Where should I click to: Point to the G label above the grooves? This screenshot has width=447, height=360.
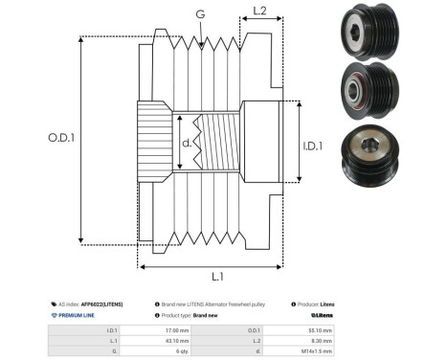(199, 14)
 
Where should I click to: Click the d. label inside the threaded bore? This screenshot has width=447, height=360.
(186, 145)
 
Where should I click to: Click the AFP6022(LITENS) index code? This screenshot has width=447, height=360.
(101, 303)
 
